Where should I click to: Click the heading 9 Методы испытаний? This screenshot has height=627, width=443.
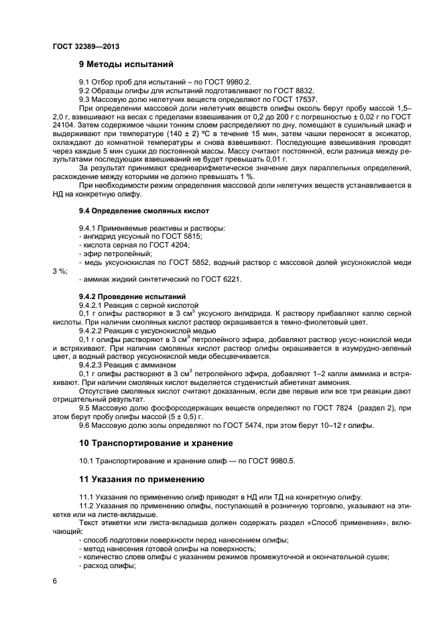pos(126,65)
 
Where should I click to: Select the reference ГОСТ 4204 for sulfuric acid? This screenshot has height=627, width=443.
pos(168,246)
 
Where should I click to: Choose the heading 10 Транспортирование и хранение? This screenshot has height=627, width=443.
pos(156,443)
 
